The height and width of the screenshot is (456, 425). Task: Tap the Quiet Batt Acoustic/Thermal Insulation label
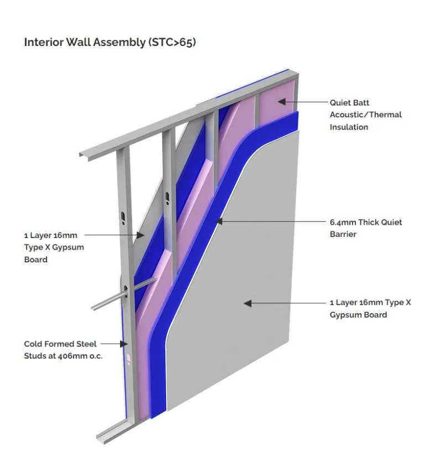(x=365, y=115)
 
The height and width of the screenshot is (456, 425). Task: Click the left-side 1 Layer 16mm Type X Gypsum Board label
(x=54, y=247)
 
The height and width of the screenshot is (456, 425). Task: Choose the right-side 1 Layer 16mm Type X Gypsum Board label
(x=370, y=309)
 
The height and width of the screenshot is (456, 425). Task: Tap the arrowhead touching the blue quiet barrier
(x=219, y=221)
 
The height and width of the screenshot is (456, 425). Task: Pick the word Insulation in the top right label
(x=349, y=127)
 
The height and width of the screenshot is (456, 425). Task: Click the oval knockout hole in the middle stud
(x=167, y=197)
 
